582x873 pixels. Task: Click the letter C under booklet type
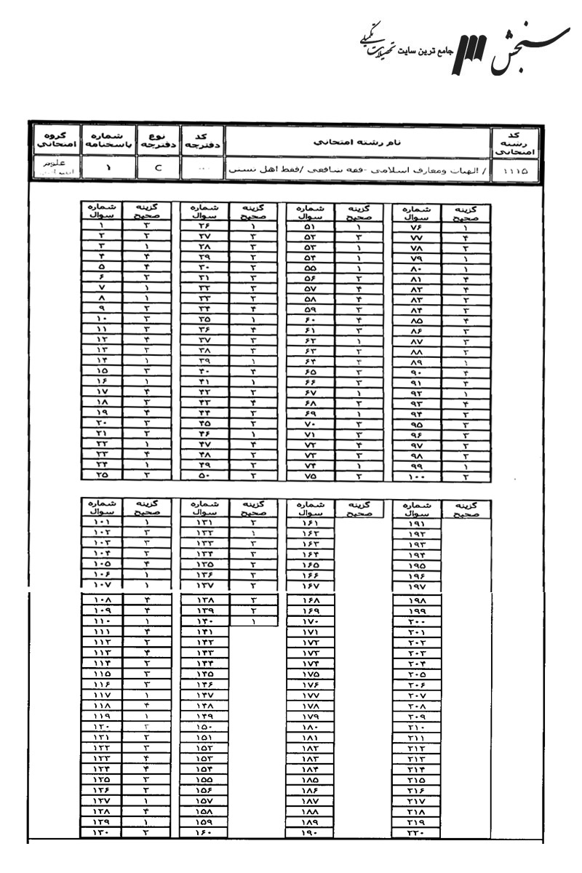(157, 171)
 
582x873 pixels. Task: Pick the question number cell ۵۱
(308, 226)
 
